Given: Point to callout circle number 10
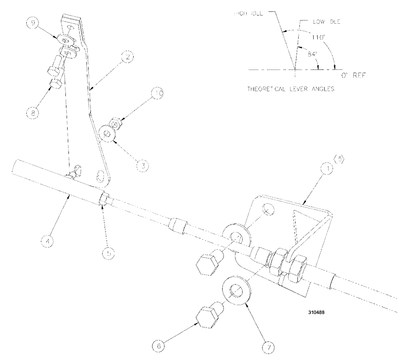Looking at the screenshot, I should coord(158,93).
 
